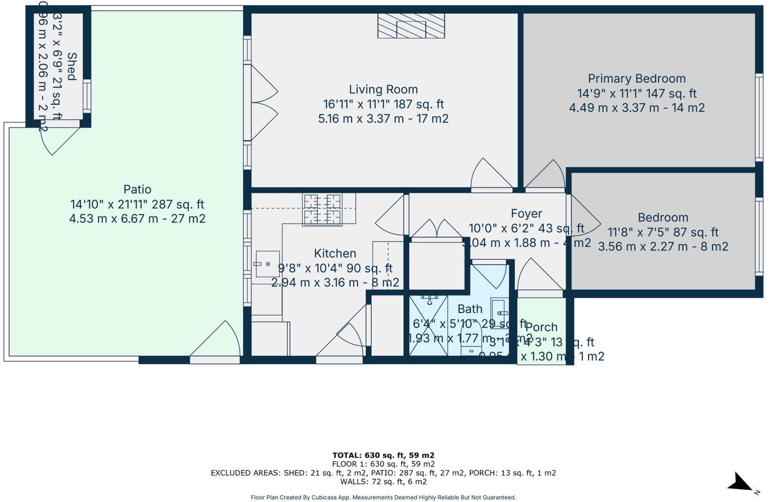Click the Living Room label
coord(383,89)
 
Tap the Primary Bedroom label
coord(637,79)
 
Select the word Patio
coord(137,189)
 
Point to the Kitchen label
coord(335,253)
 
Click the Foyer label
coord(526,213)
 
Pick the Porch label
coord(541,327)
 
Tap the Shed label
coord(72,66)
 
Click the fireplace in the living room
coord(411,26)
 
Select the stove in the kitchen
coord(322,209)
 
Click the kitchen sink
coord(267,264)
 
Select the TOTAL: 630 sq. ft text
coord(383,455)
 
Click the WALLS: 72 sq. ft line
coord(383,481)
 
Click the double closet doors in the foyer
coord(436,229)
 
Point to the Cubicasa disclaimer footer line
coord(383,498)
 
